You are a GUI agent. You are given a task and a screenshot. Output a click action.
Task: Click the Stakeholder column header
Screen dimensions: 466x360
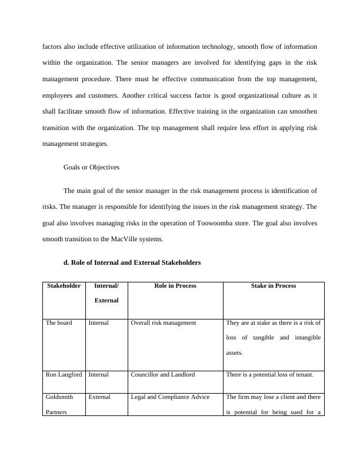tap(64, 286)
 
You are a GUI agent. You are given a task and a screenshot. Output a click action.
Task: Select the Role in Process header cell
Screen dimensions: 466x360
tap(175, 286)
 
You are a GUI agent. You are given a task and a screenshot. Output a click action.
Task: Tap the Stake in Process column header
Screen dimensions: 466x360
tap(274, 286)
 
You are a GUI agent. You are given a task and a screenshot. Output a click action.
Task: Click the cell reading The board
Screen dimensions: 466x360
tap(59, 323)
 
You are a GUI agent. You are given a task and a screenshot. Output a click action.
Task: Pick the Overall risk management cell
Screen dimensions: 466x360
tap(164, 323)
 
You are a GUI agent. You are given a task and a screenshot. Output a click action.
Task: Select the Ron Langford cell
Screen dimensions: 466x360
tap(64, 374)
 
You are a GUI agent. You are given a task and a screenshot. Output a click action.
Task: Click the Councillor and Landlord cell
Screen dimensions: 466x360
tap(162, 374)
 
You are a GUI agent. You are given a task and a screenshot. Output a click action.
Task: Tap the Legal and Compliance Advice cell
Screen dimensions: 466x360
tap(170, 397)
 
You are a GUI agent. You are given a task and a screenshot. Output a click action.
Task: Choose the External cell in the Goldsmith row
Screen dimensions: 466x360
tap(99, 397)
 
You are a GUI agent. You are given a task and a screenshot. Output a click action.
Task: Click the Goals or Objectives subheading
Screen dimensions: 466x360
tap(91, 167)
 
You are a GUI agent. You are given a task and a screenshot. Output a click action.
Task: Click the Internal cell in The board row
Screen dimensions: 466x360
tap(98, 323)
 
